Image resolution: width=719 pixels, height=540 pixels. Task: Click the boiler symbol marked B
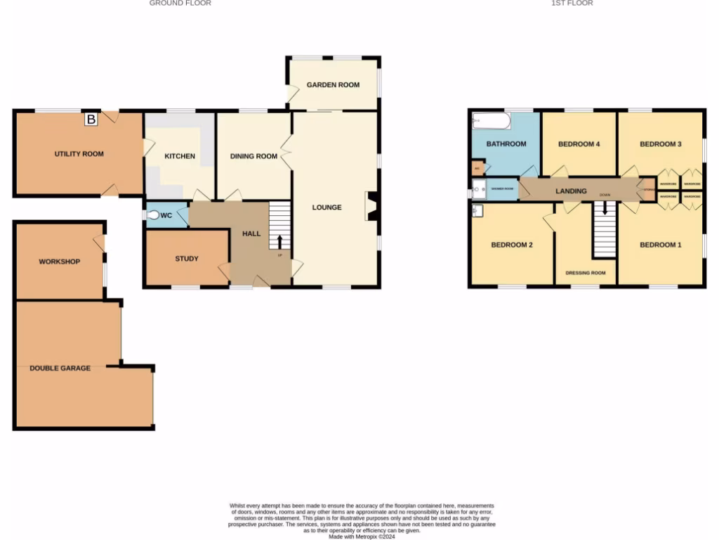(x=91, y=120)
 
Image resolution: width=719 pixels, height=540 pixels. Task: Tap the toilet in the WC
(x=154, y=215)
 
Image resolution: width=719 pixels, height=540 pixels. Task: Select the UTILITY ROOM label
(x=79, y=154)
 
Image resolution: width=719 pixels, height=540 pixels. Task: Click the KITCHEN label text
(x=180, y=156)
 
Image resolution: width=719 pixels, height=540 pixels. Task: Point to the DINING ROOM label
(x=254, y=156)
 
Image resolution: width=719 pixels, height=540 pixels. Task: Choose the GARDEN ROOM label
(x=334, y=85)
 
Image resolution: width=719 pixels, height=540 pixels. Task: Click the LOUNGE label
(x=327, y=207)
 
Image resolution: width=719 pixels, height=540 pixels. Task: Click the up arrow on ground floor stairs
(x=280, y=241)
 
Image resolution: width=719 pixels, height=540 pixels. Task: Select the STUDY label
(x=187, y=259)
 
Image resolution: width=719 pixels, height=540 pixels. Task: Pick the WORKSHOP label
(x=60, y=262)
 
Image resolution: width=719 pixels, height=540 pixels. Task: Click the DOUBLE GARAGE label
(x=60, y=368)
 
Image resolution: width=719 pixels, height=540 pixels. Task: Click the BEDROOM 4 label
(x=579, y=144)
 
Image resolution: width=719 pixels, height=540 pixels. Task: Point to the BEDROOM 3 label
(x=661, y=144)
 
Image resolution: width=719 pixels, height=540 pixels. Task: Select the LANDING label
(x=571, y=191)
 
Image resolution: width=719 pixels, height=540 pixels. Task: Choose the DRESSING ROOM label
(x=586, y=273)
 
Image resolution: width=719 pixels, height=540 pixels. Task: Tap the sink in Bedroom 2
(x=477, y=210)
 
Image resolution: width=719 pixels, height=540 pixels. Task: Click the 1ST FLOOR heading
(x=572, y=4)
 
